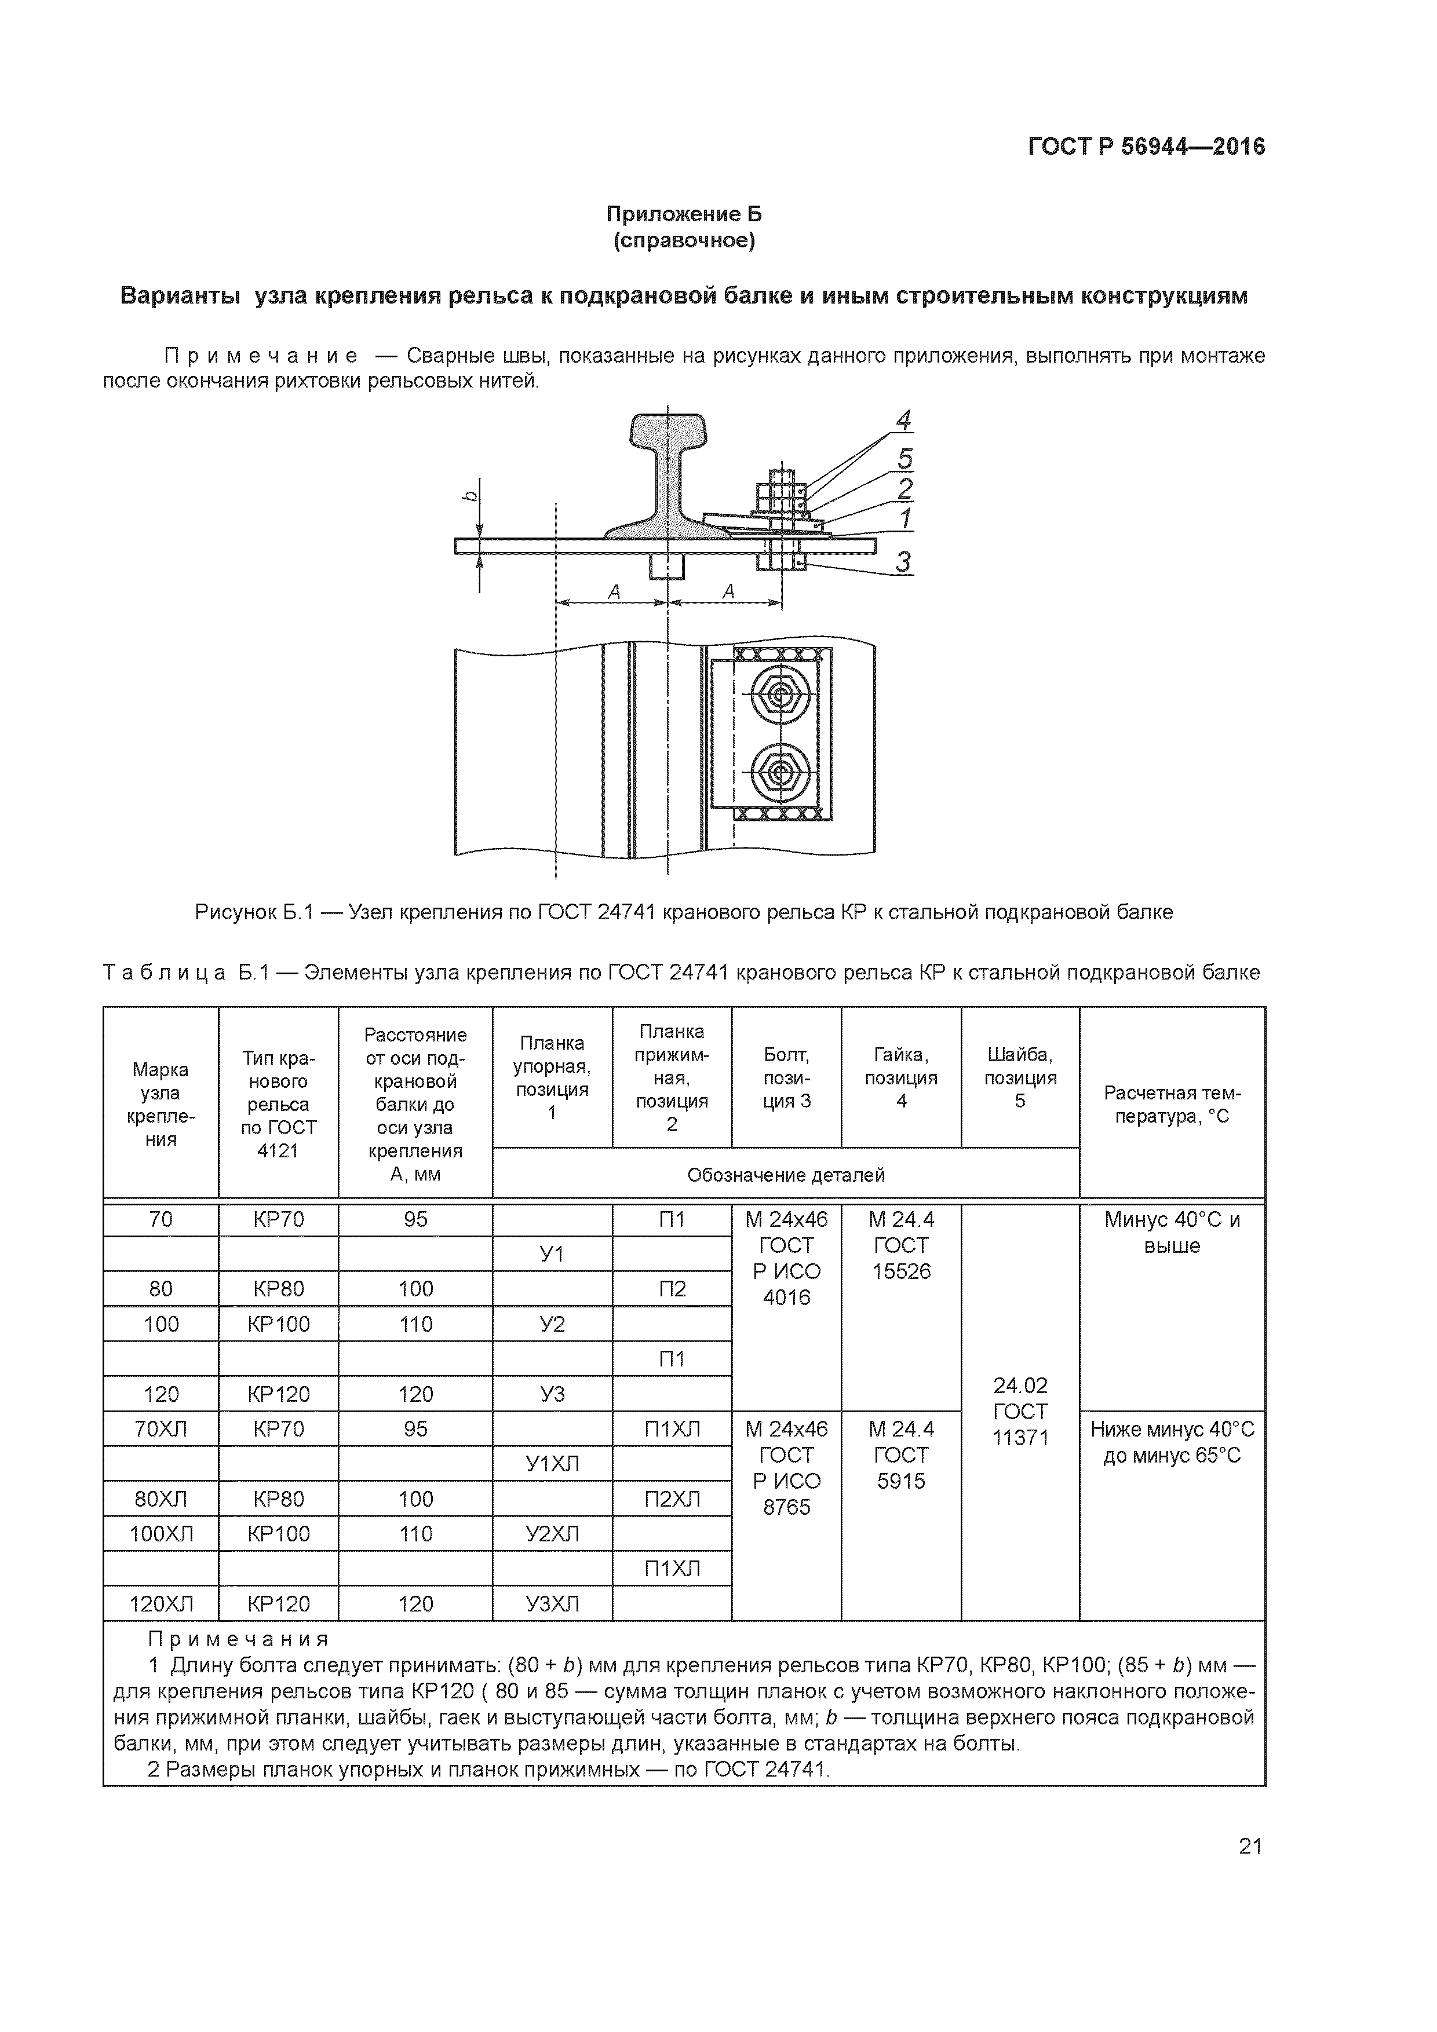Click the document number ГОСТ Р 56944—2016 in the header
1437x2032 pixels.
(1146, 147)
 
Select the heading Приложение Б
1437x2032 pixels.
(684, 214)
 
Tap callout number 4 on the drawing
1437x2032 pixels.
(903, 421)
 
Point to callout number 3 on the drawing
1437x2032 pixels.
(902, 561)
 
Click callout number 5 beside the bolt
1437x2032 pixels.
(904, 458)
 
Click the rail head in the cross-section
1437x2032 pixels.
(669, 431)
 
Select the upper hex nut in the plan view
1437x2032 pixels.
(778, 695)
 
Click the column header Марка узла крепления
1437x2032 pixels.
(161, 1103)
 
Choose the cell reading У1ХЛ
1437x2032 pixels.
(552, 1464)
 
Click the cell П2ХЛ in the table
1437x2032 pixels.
(672, 1499)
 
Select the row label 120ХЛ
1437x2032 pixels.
(161, 1604)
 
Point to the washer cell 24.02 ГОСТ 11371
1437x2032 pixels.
(1020, 1412)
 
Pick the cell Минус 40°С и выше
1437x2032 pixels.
(1172, 1232)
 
